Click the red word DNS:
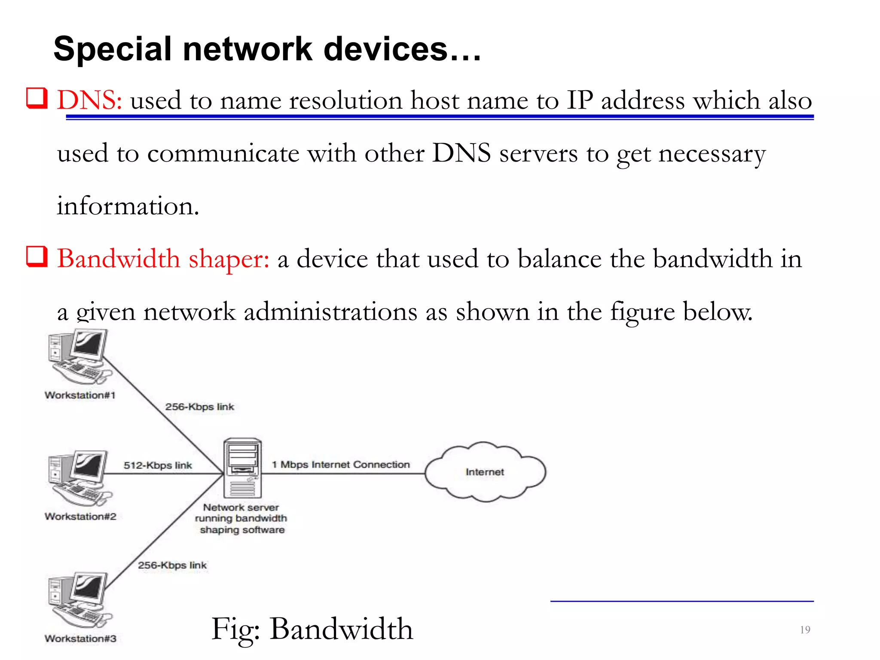(x=89, y=101)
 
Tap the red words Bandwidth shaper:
(x=163, y=259)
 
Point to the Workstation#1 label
(x=80, y=395)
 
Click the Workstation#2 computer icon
(x=79, y=478)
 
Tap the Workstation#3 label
(x=80, y=639)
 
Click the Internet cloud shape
(x=485, y=472)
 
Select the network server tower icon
(x=243, y=468)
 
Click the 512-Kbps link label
(x=158, y=465)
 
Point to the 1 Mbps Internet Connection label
(x=341, y=464)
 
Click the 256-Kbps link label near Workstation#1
(x=199, y=406)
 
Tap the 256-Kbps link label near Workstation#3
(x=172, y=565)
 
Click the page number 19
(x=805, y=630)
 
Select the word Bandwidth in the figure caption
(x=341, y=629)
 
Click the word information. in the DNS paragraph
(x=128, y=206)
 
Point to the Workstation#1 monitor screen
(x=89, y=344)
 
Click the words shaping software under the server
(x=242, y=530)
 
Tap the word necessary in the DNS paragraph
(x=712, y=153)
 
